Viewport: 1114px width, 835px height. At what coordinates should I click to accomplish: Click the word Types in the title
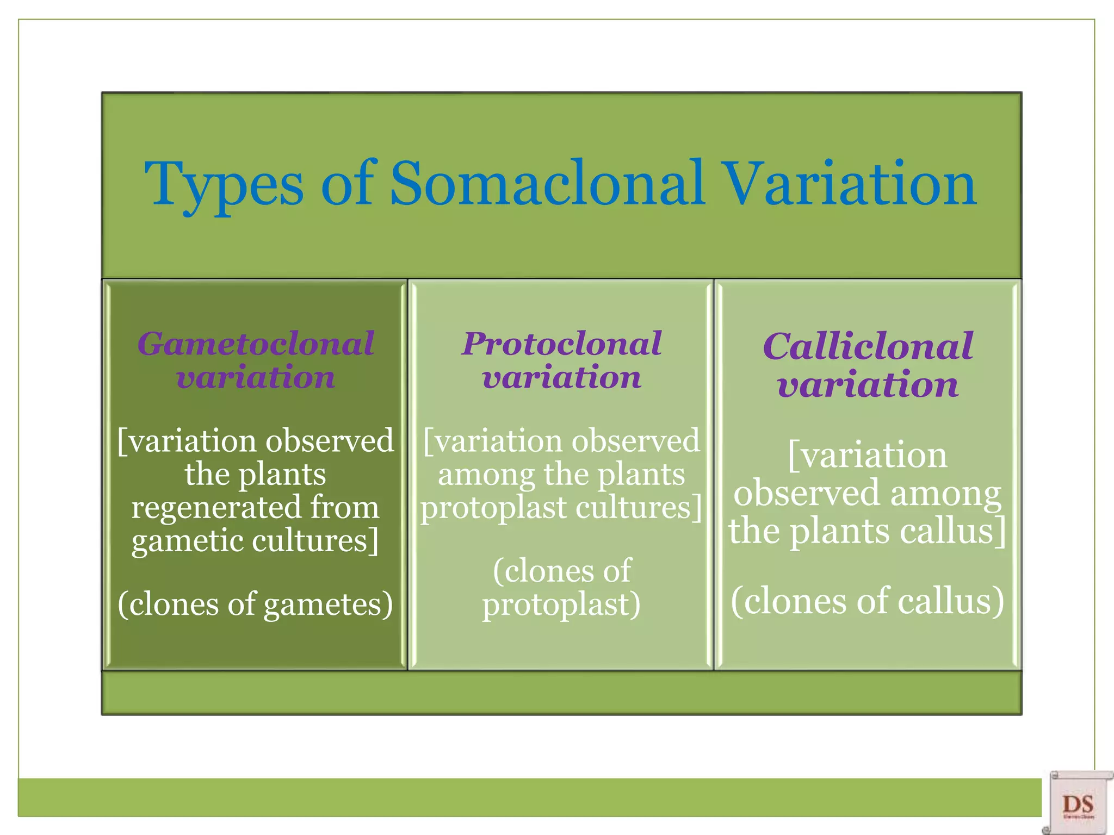click(224, 185)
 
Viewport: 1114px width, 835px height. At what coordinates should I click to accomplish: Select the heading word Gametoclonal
click(256, 344)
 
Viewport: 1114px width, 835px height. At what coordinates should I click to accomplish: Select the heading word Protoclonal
click(561, 344)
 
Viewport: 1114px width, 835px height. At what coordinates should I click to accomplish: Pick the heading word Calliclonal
click(868, 346)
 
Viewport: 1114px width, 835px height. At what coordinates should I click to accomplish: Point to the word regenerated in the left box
click(216, 508)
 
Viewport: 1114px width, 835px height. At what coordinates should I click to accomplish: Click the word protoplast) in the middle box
click(561, 605)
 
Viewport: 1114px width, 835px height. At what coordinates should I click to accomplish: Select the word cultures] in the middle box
click(639, 508)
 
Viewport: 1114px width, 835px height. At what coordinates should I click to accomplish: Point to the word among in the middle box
click(486, 475)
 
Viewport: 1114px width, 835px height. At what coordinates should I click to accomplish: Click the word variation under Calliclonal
click(868, 385)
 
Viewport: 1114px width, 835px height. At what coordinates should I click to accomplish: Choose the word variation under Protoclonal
click(561, 377)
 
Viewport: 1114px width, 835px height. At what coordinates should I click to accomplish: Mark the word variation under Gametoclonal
click(256, 377)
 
